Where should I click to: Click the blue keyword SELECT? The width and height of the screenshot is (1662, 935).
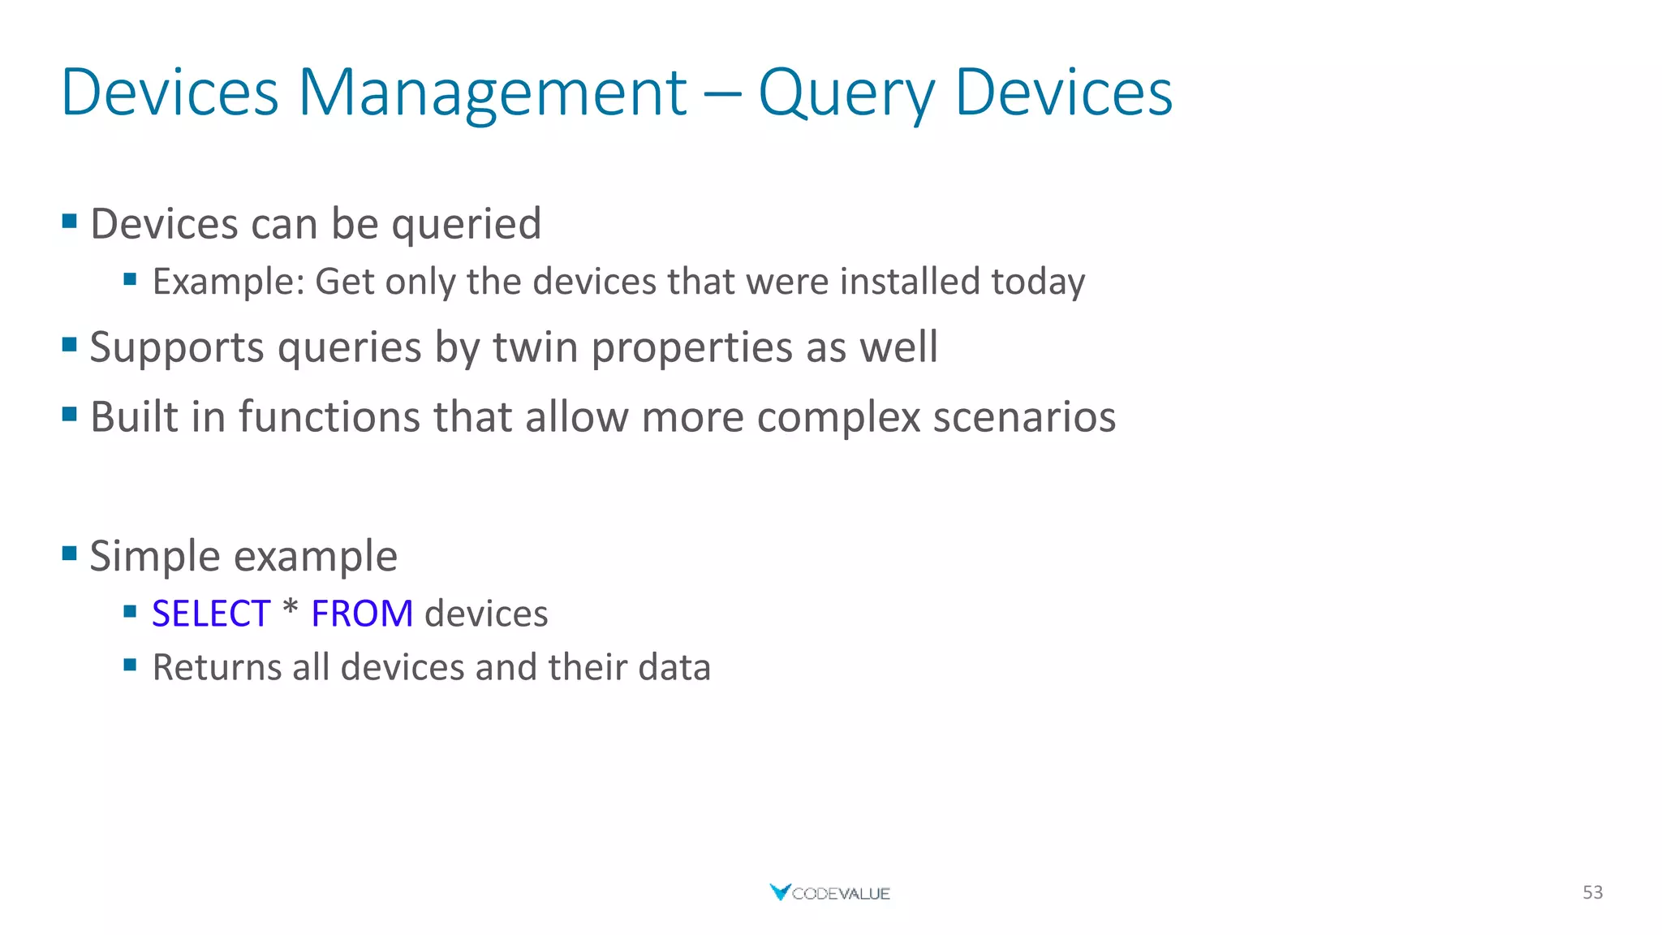click(x=210, y=614)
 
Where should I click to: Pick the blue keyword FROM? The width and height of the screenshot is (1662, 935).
click(x=362, y=614)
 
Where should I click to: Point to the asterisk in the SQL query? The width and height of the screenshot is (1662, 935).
click(x=291, y=609)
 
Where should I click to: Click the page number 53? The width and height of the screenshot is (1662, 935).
click(x=1592, y=892)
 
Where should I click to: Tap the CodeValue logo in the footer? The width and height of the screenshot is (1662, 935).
click(x=829, y=893)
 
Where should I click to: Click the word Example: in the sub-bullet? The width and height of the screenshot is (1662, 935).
click(x=228, y=282)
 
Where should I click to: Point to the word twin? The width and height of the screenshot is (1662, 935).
click(x=536, y=347)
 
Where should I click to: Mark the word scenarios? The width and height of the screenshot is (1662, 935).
click(x=1024, y=417)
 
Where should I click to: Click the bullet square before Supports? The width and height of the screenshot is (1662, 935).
click(x=70, y=345)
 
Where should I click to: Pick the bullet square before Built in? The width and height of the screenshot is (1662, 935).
click(x=70, y=415)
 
